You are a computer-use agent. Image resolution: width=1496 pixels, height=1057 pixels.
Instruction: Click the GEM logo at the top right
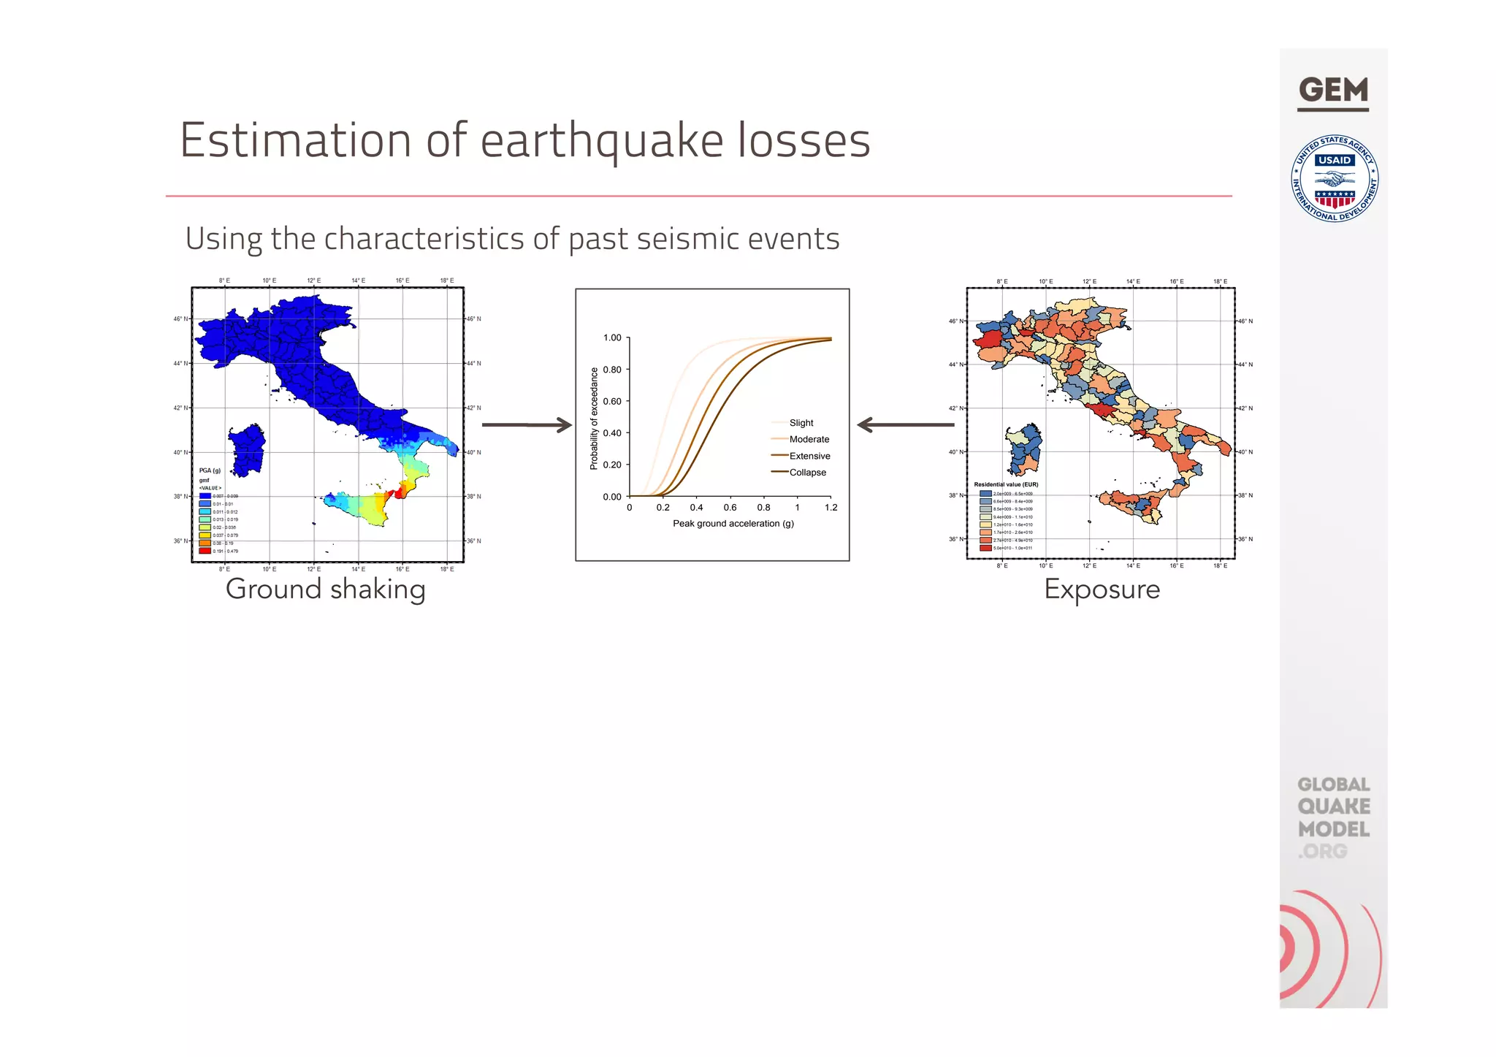click(1333, 91)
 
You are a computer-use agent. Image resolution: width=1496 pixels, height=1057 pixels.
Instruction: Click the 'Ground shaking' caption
click(325, 589)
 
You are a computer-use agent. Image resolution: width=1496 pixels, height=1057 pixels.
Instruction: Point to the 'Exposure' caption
click(1102, 589)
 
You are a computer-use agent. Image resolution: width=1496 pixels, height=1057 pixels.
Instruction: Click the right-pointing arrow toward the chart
click(527, 424)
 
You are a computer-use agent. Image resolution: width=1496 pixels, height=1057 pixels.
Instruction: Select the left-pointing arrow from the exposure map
click(905, 424)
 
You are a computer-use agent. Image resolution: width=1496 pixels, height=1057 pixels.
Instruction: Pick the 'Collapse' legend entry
click(807, 473)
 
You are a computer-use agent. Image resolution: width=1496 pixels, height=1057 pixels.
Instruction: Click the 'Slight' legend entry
click(801, 423)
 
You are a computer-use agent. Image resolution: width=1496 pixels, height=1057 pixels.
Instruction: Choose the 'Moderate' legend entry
click(809, 439)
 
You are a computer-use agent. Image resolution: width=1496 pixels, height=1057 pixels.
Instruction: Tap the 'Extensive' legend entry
click(809, 456)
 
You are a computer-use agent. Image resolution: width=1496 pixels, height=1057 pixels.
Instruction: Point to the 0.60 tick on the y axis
click(612, 401)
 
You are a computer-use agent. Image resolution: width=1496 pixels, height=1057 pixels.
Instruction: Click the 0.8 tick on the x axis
click(763, 508)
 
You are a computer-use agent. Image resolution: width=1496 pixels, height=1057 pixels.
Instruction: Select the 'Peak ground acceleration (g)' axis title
click(733, 524)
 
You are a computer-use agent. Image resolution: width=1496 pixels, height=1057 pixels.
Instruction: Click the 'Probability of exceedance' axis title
click(594, 418)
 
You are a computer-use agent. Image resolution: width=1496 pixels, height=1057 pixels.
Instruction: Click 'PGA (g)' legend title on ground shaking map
click(210, 470)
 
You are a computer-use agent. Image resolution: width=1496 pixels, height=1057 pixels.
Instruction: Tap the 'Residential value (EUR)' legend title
click(1006, 484)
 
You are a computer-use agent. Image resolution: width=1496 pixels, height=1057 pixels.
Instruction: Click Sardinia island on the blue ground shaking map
click(247, 449)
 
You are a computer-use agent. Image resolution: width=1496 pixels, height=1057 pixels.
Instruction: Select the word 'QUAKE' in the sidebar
click(1333, 806)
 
